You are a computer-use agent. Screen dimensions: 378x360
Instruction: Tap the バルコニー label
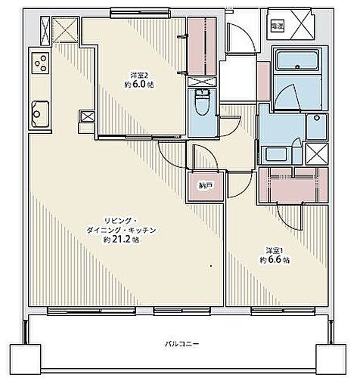pyautogui.click(x=182, y=344)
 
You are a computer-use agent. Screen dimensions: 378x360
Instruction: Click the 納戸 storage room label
pyautogui.click(x=205, y=184)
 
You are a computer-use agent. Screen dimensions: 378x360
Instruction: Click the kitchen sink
pyautogui.click(x=38, y=116)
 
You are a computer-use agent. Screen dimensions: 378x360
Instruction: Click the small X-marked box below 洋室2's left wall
pyautogui.click(x=87, y=118)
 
